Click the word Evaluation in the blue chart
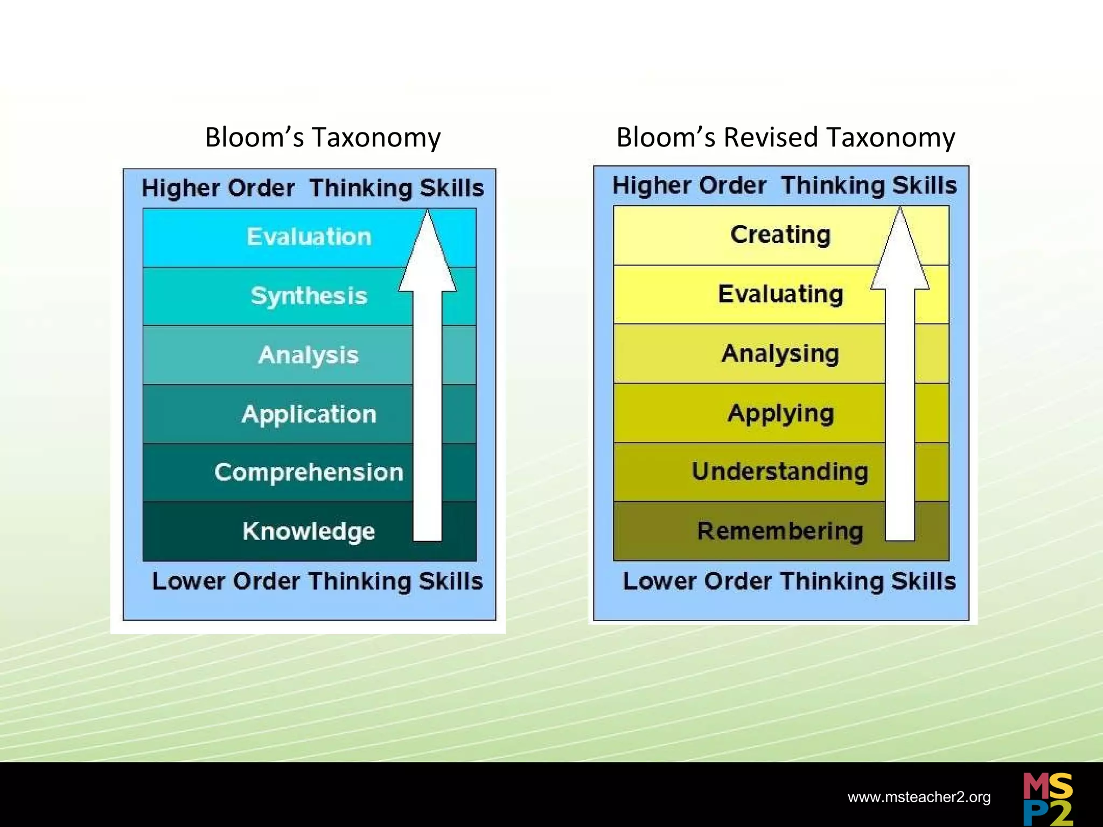309,237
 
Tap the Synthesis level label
309,296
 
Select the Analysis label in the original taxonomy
309,355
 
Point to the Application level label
309,415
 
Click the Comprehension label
309,473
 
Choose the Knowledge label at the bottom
309,531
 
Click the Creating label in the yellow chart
780,235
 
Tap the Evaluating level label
780,295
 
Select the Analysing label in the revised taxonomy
780,354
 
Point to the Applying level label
780,414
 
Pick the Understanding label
780,472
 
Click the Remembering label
780,531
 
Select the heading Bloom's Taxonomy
323,137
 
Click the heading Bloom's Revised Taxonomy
786,137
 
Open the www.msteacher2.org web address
919,797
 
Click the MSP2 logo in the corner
1048,799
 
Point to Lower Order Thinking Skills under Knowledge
317,581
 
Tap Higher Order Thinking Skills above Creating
785,185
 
